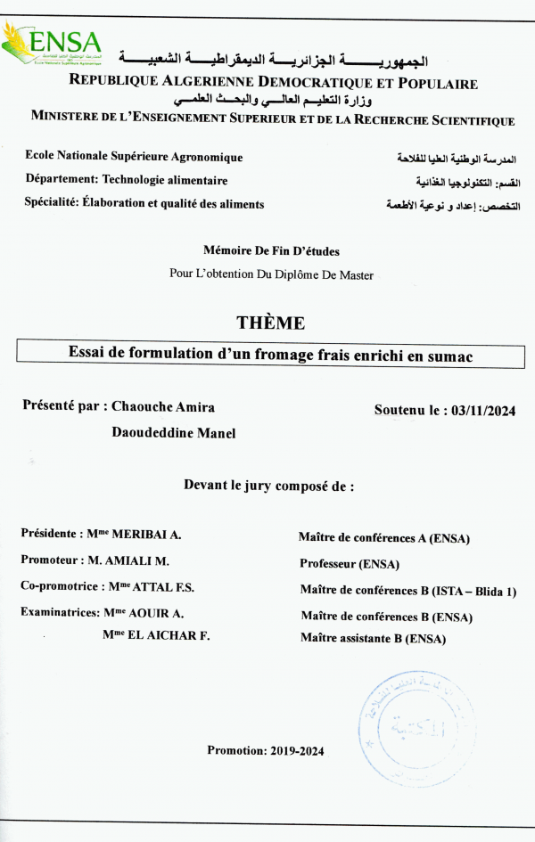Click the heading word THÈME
[x=270, y=323]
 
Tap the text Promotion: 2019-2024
[x=266, y=750]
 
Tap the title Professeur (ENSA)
[x=350, y=564]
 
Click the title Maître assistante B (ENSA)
[x=373, y=638]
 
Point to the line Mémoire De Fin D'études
[x=271, y=251]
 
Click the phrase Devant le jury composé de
[x=268, y=486]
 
